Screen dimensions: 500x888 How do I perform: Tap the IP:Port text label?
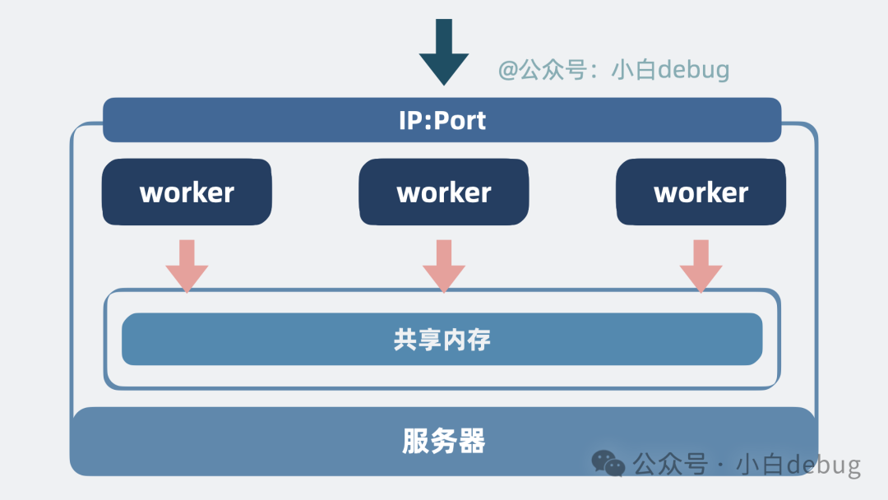[x=442, y=120]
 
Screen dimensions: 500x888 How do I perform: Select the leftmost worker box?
[x=187, y=192]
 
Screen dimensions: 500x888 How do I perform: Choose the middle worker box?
[x=444, y=192]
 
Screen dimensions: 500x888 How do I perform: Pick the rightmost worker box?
[x=701, y=192]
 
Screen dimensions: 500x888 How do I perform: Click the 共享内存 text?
[x=442, y=340]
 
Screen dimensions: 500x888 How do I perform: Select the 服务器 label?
[x=444, y=442]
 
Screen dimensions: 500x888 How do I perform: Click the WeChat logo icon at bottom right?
[x=609, y=465]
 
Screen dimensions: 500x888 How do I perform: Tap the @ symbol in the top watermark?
[x=509, y=70]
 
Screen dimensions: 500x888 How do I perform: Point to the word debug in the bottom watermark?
[x=822, y=465]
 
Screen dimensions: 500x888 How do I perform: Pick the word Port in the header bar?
[x=460, y=120]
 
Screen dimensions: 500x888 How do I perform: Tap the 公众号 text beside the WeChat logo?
[x=670, y=465]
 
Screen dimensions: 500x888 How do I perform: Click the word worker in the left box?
[x=187, y=192]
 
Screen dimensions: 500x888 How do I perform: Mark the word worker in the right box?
[x=701, y=192]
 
